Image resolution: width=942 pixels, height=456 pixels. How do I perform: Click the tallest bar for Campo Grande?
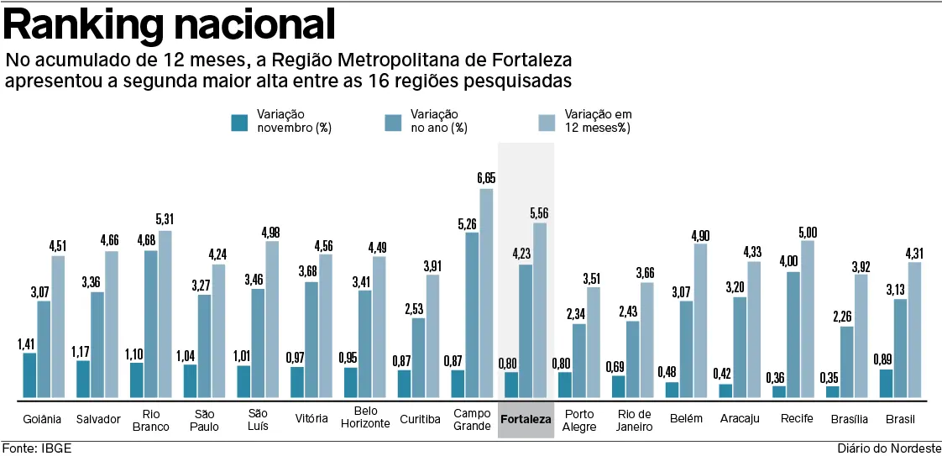(x=486, y=293)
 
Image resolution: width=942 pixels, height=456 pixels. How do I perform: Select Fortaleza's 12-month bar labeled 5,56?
(x=540, y=310)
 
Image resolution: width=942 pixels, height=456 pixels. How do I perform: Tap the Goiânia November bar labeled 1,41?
(x=29, y=375)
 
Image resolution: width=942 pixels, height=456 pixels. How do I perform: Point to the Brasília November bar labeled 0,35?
(x=833, y=391)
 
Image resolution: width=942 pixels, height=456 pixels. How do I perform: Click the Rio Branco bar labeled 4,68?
(x=150, y=323)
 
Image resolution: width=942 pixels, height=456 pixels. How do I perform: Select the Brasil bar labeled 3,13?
(x=901, y=348)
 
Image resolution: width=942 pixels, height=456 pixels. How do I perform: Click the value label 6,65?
(x=486, y=178)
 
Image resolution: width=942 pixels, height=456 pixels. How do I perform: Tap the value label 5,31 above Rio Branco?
(x=165, y=220)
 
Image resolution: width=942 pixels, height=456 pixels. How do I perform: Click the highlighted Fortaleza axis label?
(x=526, y=419)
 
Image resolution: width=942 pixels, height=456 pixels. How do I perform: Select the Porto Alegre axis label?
(x=580, y=420)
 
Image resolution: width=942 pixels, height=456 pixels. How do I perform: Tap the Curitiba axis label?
(x=420, y=419)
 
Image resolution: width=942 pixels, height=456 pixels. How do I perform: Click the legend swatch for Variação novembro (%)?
(x=239, y=123)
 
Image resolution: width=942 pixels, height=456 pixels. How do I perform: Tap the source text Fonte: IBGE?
(x=36, y=448)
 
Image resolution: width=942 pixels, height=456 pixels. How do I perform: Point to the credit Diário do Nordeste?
(x=888, y=448)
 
